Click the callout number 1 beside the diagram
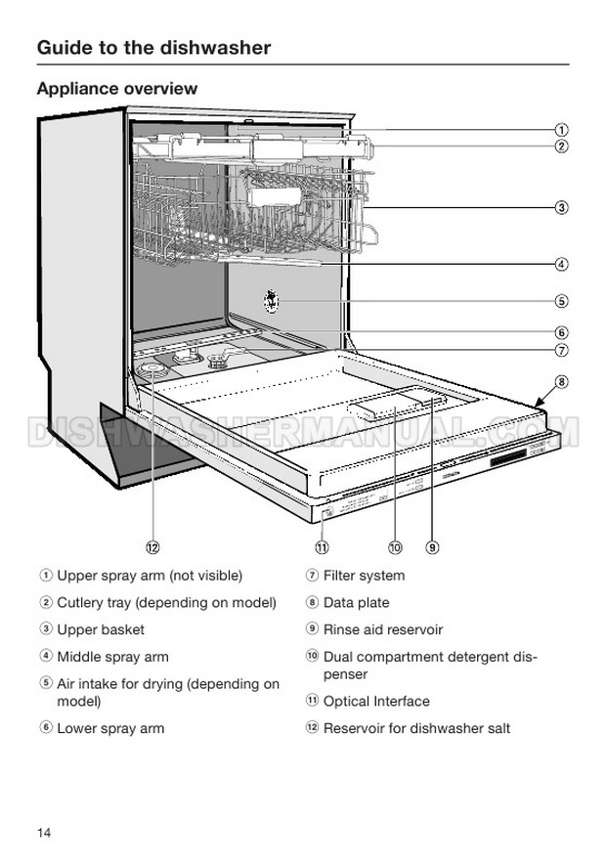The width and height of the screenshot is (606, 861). coord(561,130)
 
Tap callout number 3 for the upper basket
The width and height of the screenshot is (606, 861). coord(561,207)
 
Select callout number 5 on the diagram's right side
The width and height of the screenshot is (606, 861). coord(561,301)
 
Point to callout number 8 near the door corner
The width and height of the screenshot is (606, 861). coord(561,381)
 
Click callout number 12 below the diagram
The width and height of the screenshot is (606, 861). coord(152,547)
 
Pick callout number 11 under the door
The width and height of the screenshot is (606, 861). coord(322,547)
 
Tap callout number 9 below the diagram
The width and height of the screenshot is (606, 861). coord(432,547)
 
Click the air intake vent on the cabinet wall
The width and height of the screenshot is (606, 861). coord(271,301)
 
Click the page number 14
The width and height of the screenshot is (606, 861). coord(44,833)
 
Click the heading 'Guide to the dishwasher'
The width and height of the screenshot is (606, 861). coord(153,48)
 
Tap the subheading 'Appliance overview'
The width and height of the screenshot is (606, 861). coord(117,88)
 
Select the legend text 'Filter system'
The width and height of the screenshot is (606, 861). coord(364,576)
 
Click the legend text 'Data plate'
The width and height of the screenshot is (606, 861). coord(356,602)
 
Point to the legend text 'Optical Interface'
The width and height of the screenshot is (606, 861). coord(376,701)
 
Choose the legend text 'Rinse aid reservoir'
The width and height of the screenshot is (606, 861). coord(383,629)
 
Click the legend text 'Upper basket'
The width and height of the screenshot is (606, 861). coord(101,629)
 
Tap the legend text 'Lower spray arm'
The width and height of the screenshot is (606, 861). coord(110,728)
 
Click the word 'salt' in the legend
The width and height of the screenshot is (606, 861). coord(498,728)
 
